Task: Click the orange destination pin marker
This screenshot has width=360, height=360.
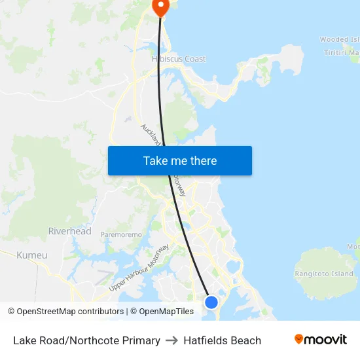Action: point(160,7)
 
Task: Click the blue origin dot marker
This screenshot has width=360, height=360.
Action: point(211,302)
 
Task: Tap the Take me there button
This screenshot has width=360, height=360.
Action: point(180,160)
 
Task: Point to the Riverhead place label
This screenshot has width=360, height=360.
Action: point(70,231)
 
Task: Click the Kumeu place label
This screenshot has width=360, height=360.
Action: point(32,255)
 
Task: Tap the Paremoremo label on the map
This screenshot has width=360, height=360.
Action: point(121,234)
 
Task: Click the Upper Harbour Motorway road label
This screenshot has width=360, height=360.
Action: point(139,268)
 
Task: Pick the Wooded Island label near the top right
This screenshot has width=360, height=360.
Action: point(339,40)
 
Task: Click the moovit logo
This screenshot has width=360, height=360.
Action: point(321,339)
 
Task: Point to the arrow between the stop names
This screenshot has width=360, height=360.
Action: point(172,340)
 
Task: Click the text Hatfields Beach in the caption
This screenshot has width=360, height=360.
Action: point(223,340)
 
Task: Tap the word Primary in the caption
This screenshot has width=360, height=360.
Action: point(141,340)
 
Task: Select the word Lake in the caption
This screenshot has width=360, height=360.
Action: point(24,340)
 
